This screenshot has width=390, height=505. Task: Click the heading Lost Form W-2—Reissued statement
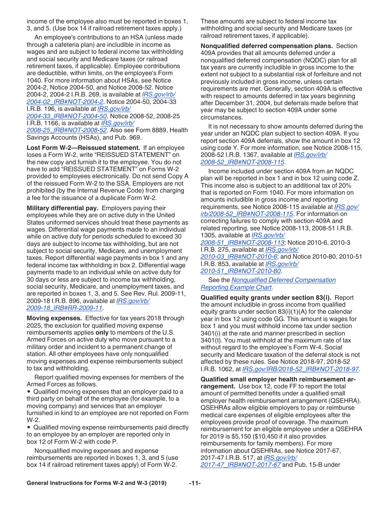coord(83,148)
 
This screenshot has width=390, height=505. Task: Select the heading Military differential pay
coord(62,208)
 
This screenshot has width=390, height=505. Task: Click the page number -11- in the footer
coord(195,483)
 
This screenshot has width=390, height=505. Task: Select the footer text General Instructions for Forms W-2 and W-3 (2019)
coord(96,483)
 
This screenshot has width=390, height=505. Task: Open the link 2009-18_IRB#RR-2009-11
coord(64,308)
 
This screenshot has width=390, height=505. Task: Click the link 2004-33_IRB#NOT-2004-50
coord(67,116)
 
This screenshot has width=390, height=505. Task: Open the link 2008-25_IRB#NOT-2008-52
coord(67,130)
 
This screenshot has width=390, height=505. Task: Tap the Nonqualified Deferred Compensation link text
coord(283,280)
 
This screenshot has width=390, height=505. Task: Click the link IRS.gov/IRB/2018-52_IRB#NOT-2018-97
coord(301,369)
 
